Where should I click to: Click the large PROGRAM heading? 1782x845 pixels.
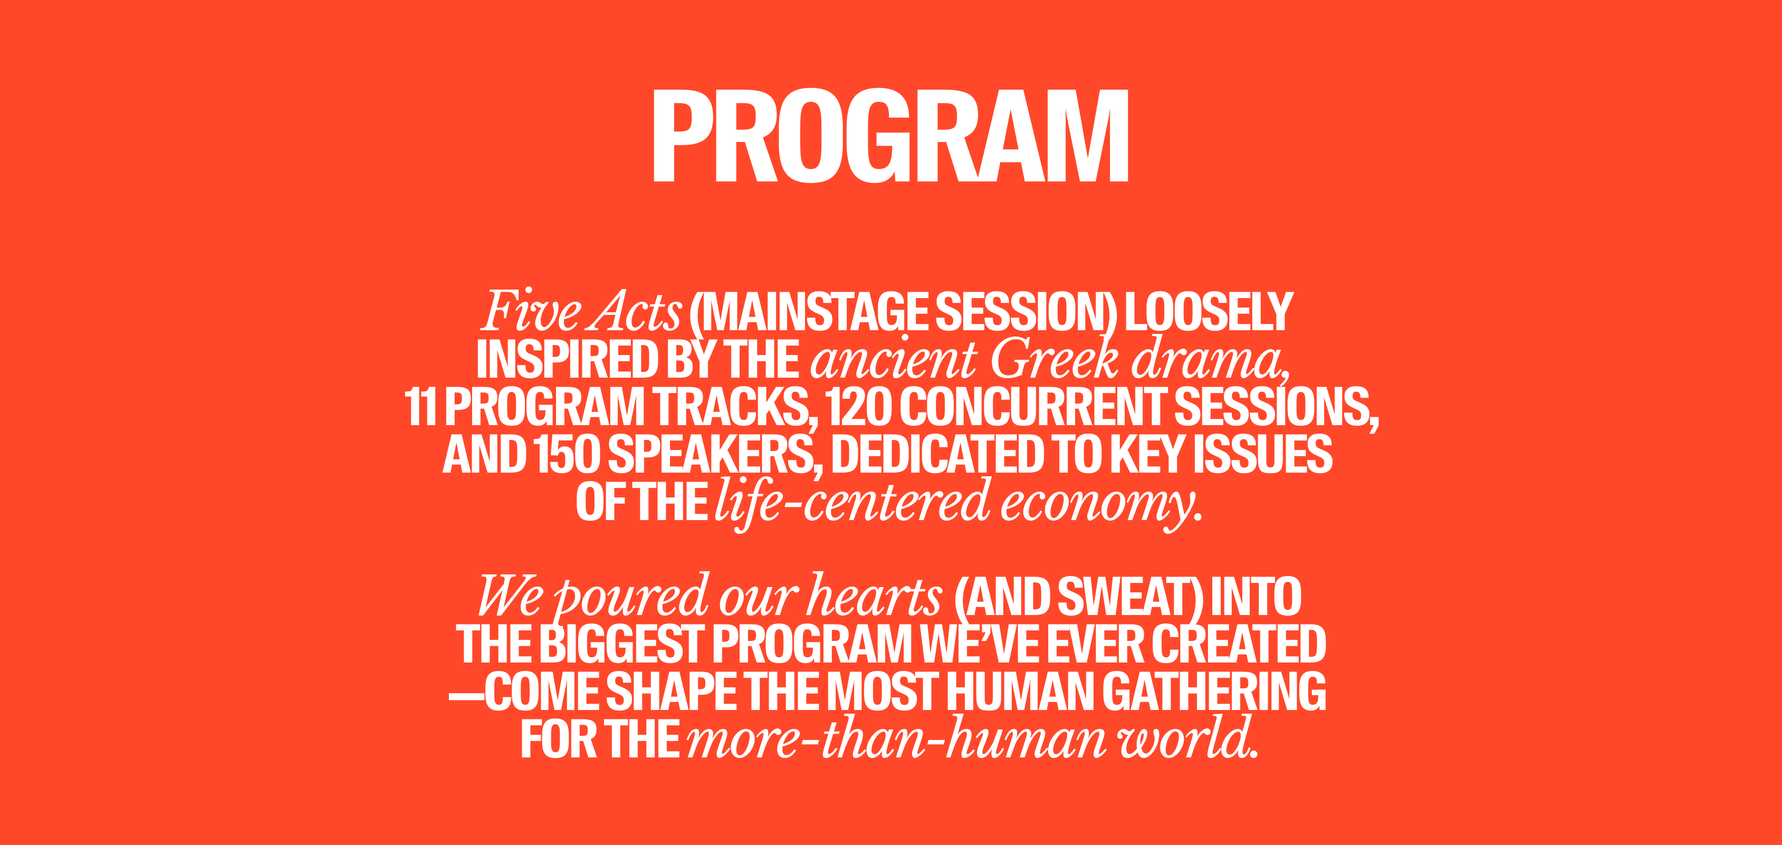pyautogui.click(x=891, y=136)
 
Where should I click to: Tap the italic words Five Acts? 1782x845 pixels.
pyautogui.click(x=582, y=311)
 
